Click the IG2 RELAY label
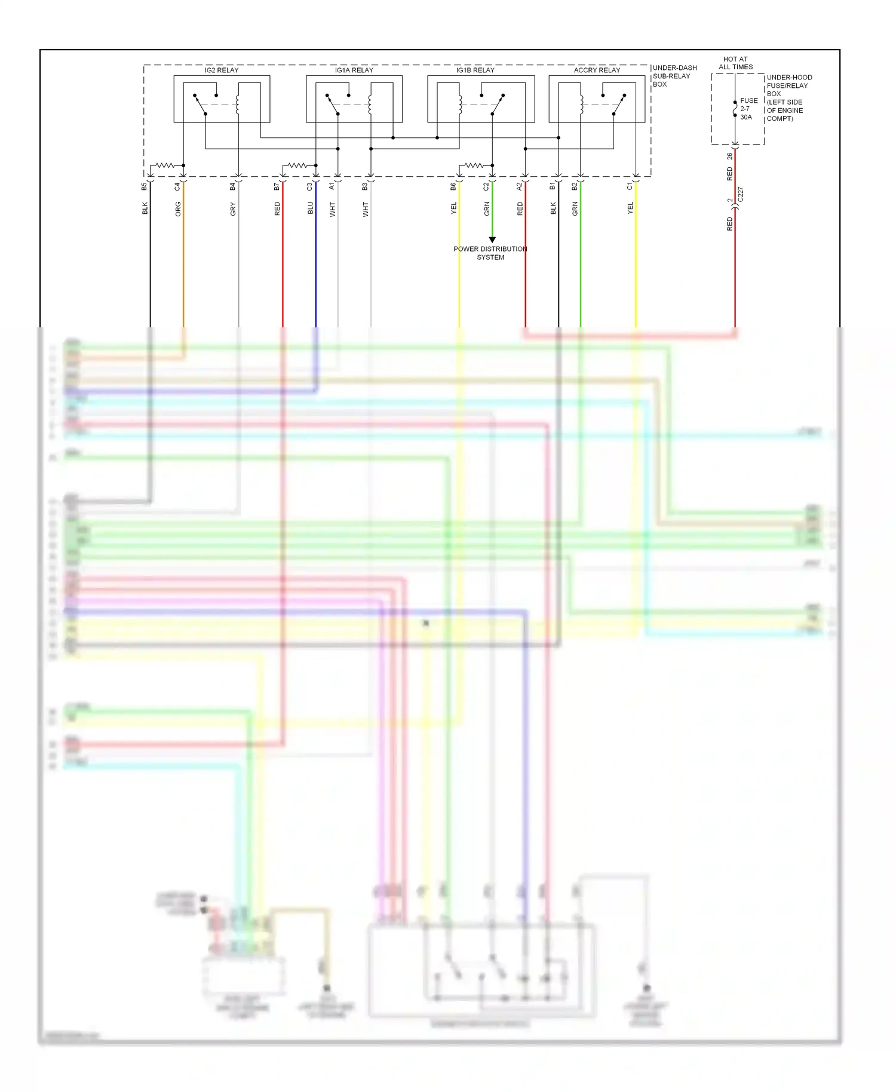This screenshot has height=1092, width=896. (x=222, y=70)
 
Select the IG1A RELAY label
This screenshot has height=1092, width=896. (x=354, y=70)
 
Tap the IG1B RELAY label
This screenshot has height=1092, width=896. (x=475, y=70)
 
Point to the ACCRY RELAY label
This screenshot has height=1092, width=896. (x=597, y=70)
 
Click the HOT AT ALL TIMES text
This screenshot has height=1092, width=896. (x=735, y=63)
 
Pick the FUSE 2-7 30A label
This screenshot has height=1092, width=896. (x=748, y=109)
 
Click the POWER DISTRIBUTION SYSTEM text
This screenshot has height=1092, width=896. (x=490, y=253)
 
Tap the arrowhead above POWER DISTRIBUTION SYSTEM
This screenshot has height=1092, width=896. (x=492, y=240)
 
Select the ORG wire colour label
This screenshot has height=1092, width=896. (x=178, y=208)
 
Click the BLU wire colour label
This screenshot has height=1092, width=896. (x=311, y=208)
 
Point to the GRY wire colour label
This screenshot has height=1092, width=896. (x=233, y=208)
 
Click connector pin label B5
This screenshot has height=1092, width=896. (x=144, y=186)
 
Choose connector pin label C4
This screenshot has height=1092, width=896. (x=177, y=186)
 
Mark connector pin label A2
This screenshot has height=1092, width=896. (x=519, y=186)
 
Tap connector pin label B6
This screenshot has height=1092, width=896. (x=453, y=186)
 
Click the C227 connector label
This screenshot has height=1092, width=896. (x=741, y=195)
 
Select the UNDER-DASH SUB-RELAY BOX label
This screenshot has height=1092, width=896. (x=674, y=76)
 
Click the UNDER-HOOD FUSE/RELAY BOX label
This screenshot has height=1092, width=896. (x=788, y=97)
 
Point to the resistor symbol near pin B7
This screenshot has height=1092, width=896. (x=297, y=165)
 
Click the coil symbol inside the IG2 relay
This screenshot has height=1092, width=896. (x=238, y=105)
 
